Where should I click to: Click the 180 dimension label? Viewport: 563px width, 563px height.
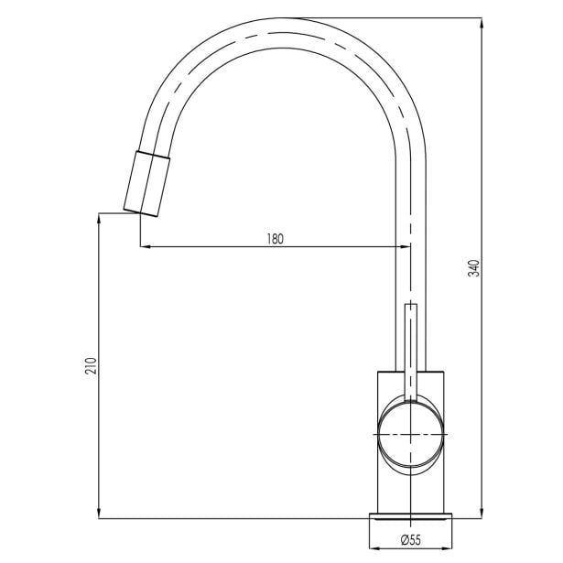pyautogui.click(x=275, y=239)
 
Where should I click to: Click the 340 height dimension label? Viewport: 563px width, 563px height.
pyautogui.click(x=474, y=268)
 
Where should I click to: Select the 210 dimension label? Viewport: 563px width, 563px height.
pyautogui.click(x=91, y=366)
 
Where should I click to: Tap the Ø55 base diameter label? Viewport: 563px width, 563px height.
pyautogui.click(x=411, y=539)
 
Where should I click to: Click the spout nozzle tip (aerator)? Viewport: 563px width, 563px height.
pyautogui.click(x=146, y=184)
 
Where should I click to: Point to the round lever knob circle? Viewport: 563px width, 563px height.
pyautogui.click(x=411, y=435)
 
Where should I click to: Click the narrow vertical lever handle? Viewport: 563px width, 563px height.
pyautogui.click(x=411, y=352)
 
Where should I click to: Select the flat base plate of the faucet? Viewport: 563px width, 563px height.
pyautogui.click(x=411, y=516)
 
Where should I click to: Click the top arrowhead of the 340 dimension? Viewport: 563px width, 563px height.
pyautogui.click(x=482, y=23)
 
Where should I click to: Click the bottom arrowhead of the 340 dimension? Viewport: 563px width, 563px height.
pyautogui.click(x=482, y=514)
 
